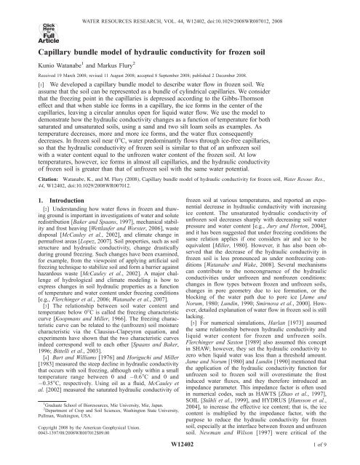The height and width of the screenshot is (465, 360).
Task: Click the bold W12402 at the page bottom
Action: [180, 455]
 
